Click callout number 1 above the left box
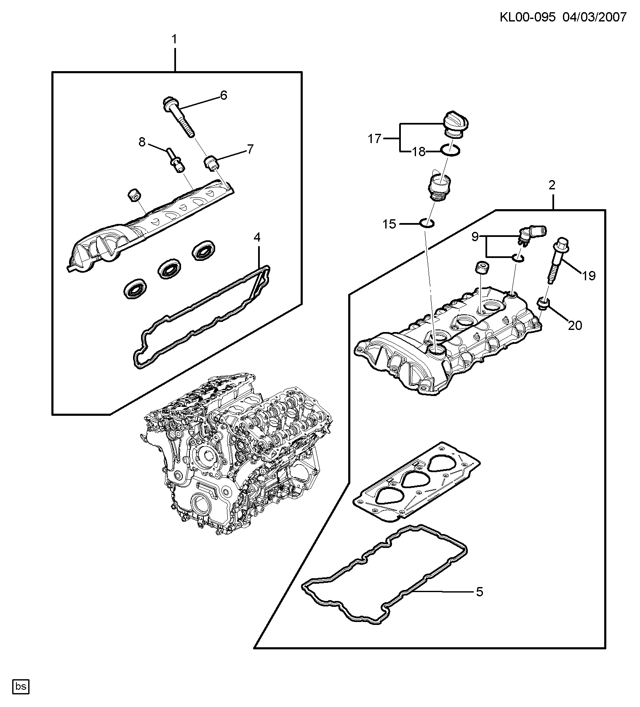point(174,40)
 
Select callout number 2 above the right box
point(552,185)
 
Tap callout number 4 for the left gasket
point(257,237)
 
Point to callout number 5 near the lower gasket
point(479,592)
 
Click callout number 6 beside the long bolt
point(224,96)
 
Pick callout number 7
point(250,149)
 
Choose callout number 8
point(142,142)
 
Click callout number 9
point(475,237)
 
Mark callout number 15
point(389,224)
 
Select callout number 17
point(374,138)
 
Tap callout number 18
point(419,151)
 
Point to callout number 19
point(589,276)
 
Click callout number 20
point(575,325)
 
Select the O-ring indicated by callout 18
point(450,150)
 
